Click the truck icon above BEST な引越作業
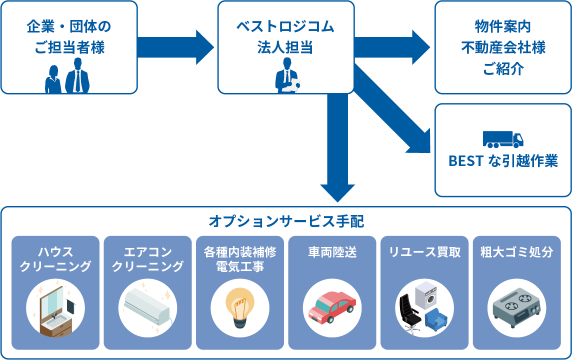(x=502, y=139)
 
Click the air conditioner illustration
(x=147, y=305)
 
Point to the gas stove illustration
(x=516, y=308)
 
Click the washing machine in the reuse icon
(x=426, y=295)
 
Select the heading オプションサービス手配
(x=286, y=220)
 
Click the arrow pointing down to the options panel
(x=337, y=150)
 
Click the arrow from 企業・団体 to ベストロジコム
(x=175, y=47)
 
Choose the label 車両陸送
(x=332, y=252)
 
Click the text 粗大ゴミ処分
(x=516, y=252)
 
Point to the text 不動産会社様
(x=502, y=47)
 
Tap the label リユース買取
(x=424, y=252)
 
